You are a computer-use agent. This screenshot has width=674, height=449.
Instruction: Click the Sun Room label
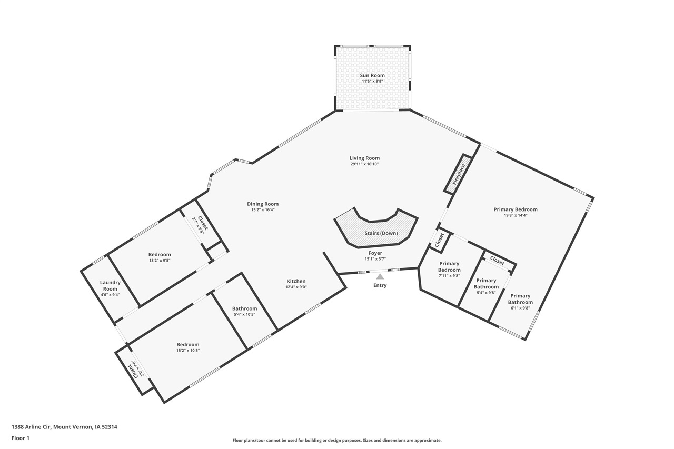click(372, 75)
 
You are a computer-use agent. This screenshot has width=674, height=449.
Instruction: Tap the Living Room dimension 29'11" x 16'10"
click(364, 164)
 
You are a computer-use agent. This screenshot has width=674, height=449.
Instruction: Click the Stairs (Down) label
click(381, 233)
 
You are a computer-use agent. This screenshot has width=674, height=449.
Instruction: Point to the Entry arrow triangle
click(380, 276)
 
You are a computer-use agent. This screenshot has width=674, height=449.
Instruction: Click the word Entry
click(380, 285)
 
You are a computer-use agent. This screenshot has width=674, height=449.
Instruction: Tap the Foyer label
click(375, 253)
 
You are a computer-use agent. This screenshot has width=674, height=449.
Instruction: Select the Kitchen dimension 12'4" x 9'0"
click(295, 287)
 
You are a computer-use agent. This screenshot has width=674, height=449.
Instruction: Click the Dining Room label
click(263, 204)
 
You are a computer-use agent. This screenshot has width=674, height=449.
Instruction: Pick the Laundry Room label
click(110, 285)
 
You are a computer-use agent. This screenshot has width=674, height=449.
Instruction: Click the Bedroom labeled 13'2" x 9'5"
click(160, 254)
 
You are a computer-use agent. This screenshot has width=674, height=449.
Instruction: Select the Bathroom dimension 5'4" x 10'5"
click(245, 314)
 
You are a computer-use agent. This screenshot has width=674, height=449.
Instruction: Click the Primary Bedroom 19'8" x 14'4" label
click(516, 209)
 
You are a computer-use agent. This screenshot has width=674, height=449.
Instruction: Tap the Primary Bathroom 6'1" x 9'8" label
click(520, 299)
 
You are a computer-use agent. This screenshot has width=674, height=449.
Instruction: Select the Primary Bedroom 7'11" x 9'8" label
click(449, 266)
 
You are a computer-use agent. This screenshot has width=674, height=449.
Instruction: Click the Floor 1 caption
click(20, 438)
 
